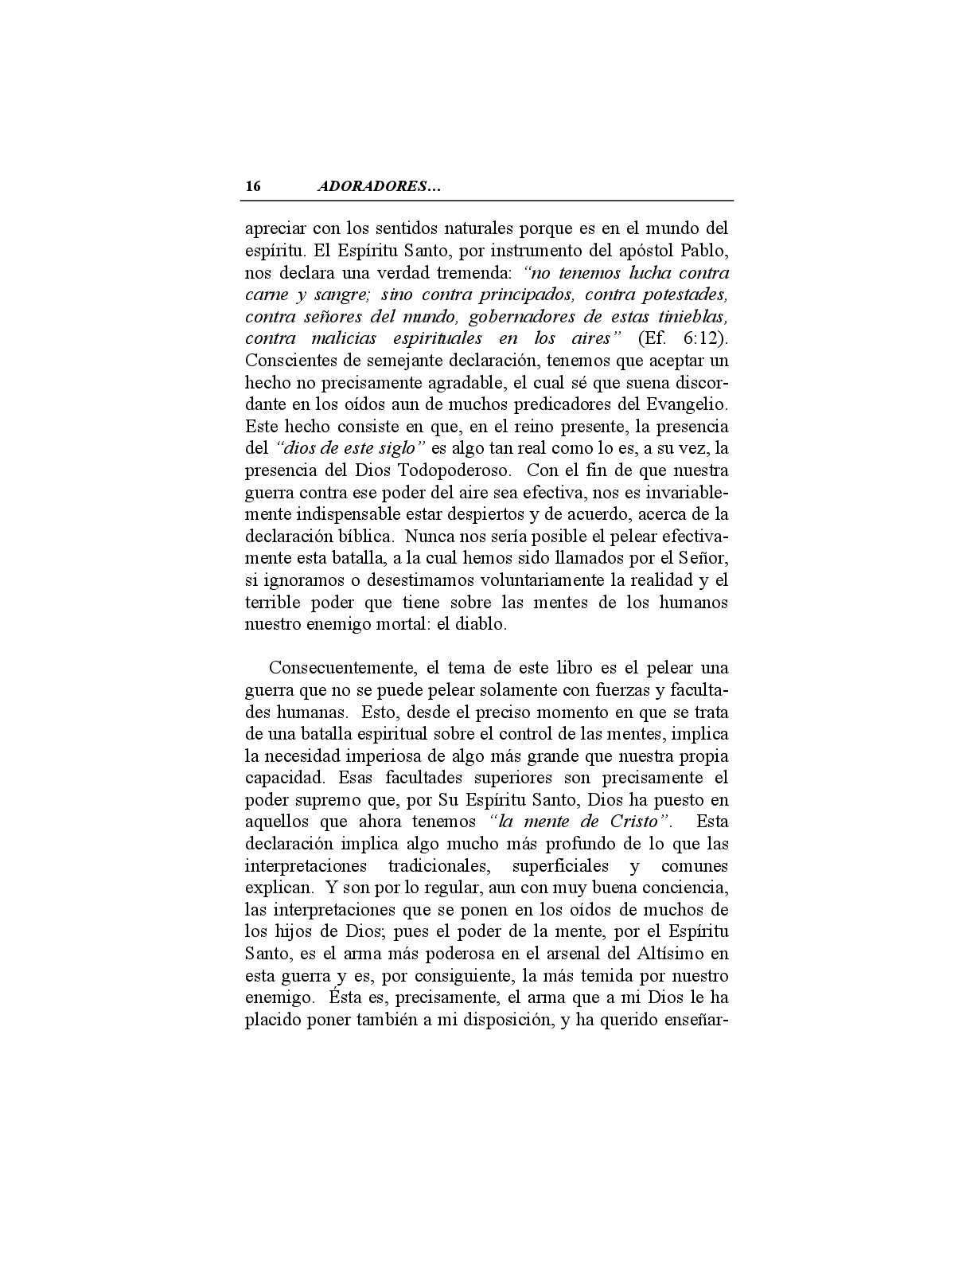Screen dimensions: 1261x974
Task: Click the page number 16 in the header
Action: [x=252, y=187]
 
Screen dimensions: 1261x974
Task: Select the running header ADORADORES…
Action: [x=379, y=187]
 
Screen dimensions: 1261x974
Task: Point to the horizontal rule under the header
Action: [x=489, y=201]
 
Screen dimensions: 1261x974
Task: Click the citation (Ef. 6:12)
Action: [x=683, y=338]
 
